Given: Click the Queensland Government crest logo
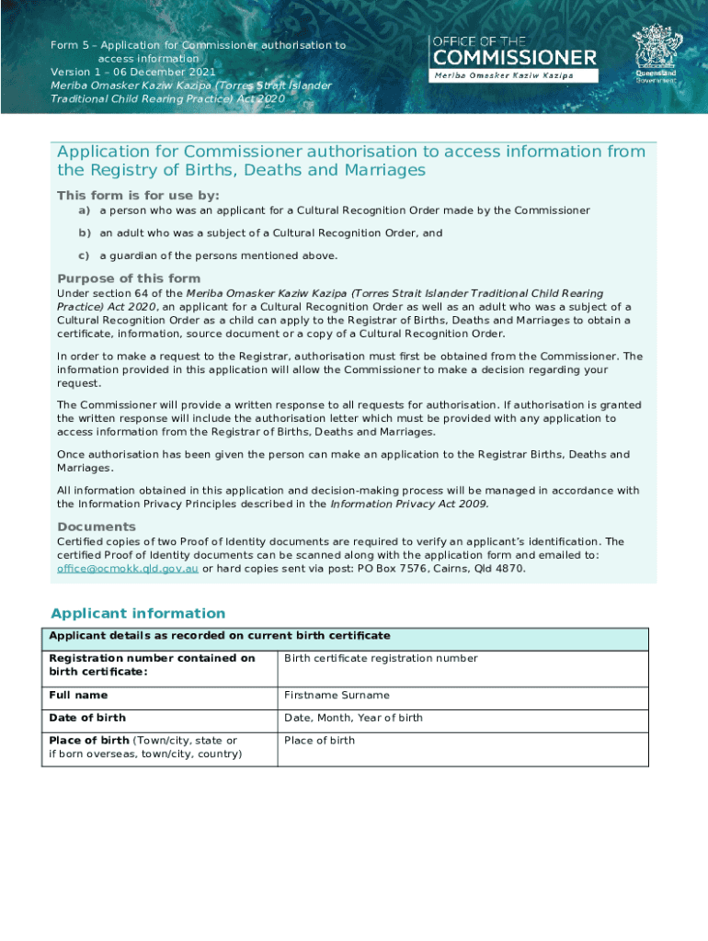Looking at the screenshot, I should pos(655,51).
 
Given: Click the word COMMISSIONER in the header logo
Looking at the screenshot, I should pos(514,58).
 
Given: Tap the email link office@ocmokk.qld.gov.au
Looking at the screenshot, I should pos(127,569).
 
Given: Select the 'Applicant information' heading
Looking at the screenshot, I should pos(138,613).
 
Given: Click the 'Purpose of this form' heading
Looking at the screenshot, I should pos(129,278).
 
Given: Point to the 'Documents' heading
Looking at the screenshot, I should pos(97,527).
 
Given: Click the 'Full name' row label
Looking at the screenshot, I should pos(78,695).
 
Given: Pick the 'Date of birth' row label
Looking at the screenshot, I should pos(87,718).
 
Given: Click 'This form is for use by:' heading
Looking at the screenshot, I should pos(138,195).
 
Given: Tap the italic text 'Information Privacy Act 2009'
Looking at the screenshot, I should pos(409,504).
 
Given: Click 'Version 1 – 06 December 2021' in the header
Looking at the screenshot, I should pos(133,72).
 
